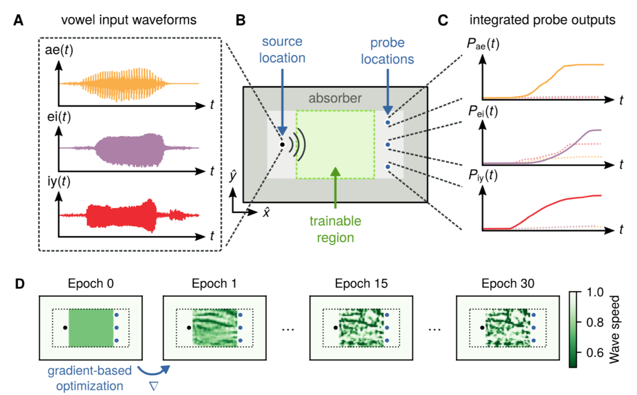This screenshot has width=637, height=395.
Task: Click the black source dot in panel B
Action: click(282, 144)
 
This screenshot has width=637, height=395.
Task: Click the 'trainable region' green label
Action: click(336, 229)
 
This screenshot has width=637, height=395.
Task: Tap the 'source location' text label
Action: click(282, 51)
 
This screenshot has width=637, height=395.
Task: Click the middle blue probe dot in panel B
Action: click(388, 145)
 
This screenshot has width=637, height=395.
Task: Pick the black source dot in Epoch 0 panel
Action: click(65, 328)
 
